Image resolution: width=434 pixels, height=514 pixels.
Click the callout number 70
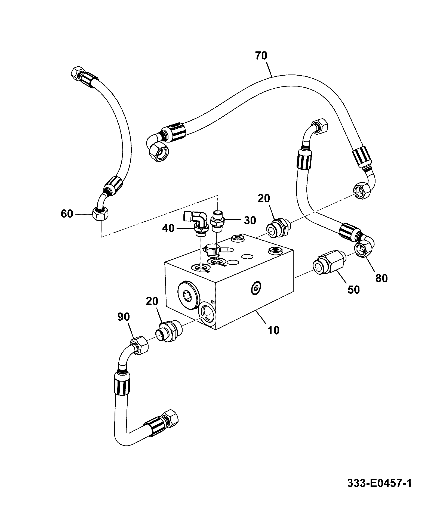(x=261, y=56)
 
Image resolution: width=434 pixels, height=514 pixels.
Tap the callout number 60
(x=67, y=214)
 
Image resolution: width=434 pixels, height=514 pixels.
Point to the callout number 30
(x=250, y=221)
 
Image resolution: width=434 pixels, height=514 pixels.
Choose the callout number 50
(x=354, y=290)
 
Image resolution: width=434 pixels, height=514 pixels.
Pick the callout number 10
(x=273, y=330)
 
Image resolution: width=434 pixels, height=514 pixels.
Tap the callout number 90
(x=124, y=317)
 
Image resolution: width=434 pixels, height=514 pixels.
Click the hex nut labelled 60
(x=101, y=214)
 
